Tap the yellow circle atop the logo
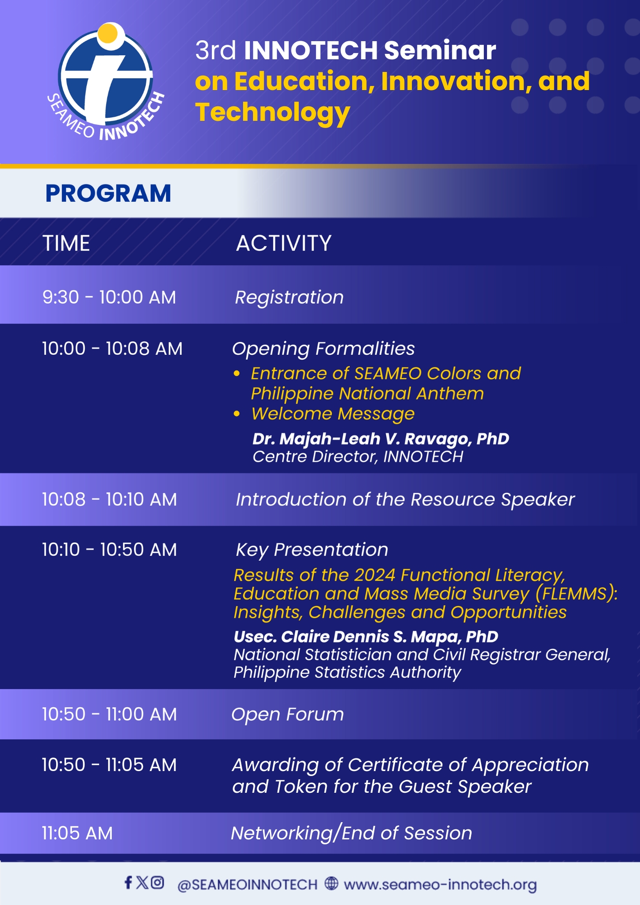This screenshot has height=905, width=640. (x=108, y=33)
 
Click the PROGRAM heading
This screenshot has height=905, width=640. (x=108, y=193)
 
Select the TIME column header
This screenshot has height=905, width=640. (x=66, y=243)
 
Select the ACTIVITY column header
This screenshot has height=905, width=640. (x=284, y=243)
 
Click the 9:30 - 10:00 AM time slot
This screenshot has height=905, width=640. (x=109, y=297)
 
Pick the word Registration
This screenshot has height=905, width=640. (x=289, y=297)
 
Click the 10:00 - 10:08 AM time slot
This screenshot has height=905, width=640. (x=112, y=348)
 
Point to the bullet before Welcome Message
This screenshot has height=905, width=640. (x=237, y=414)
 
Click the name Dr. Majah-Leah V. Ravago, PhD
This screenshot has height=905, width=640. (x=381, y=438)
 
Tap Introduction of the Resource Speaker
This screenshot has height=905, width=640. (x=405, y=500)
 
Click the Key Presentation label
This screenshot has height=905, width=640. (x=312, y=550)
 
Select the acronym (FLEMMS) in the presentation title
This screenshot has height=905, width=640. (x=576, y=594)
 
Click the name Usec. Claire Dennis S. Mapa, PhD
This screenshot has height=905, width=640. (x=366, y=637)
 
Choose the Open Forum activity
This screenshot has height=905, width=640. (x=287, y=714)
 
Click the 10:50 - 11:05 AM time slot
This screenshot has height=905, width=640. (x=109, y=765)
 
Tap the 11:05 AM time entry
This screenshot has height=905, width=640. (x=77, y=833)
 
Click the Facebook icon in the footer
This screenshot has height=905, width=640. (x=129, y=882)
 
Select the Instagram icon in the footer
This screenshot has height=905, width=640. (x=157, y=882)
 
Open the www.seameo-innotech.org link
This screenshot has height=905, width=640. (x=440, y=884)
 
